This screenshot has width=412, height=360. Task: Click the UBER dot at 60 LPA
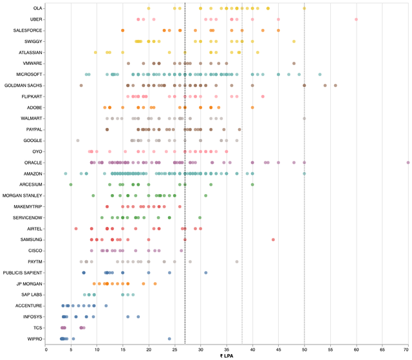[x=356, y=19]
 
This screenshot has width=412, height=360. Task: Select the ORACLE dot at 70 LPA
[x=407, y=163]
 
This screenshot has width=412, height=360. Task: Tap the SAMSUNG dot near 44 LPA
[x=273, y=240]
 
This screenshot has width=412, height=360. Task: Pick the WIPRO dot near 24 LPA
[x=169, y=339]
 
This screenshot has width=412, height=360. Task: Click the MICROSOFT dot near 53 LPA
[x=320, y=75]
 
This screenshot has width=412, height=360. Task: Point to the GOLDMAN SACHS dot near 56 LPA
[x=335, y=85]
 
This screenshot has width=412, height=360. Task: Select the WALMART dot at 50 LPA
[x=304, y=118]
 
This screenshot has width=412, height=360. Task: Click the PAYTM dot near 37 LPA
[x=237, y=262]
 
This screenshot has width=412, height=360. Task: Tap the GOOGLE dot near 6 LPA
[x=78, y=141]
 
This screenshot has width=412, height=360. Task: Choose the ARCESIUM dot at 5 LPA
[x=71, y=184]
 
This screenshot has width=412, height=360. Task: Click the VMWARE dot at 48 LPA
[x=294, y=64]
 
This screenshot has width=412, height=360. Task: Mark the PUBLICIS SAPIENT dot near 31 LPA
[x=206, y=273]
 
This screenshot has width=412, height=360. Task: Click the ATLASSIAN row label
[x=30, y=53]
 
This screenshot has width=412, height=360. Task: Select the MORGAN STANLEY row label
[x=22, y=195]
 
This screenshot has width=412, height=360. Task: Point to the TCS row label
[x=37, y=328]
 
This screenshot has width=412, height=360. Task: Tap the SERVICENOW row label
[x=27, y=217]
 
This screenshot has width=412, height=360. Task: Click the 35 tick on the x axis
[x=227, y=350]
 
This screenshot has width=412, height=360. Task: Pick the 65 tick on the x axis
[x=382, y=350]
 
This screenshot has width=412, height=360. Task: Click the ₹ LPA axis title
[x=227, y=356]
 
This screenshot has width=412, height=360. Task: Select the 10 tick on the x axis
[x=97, y=350]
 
